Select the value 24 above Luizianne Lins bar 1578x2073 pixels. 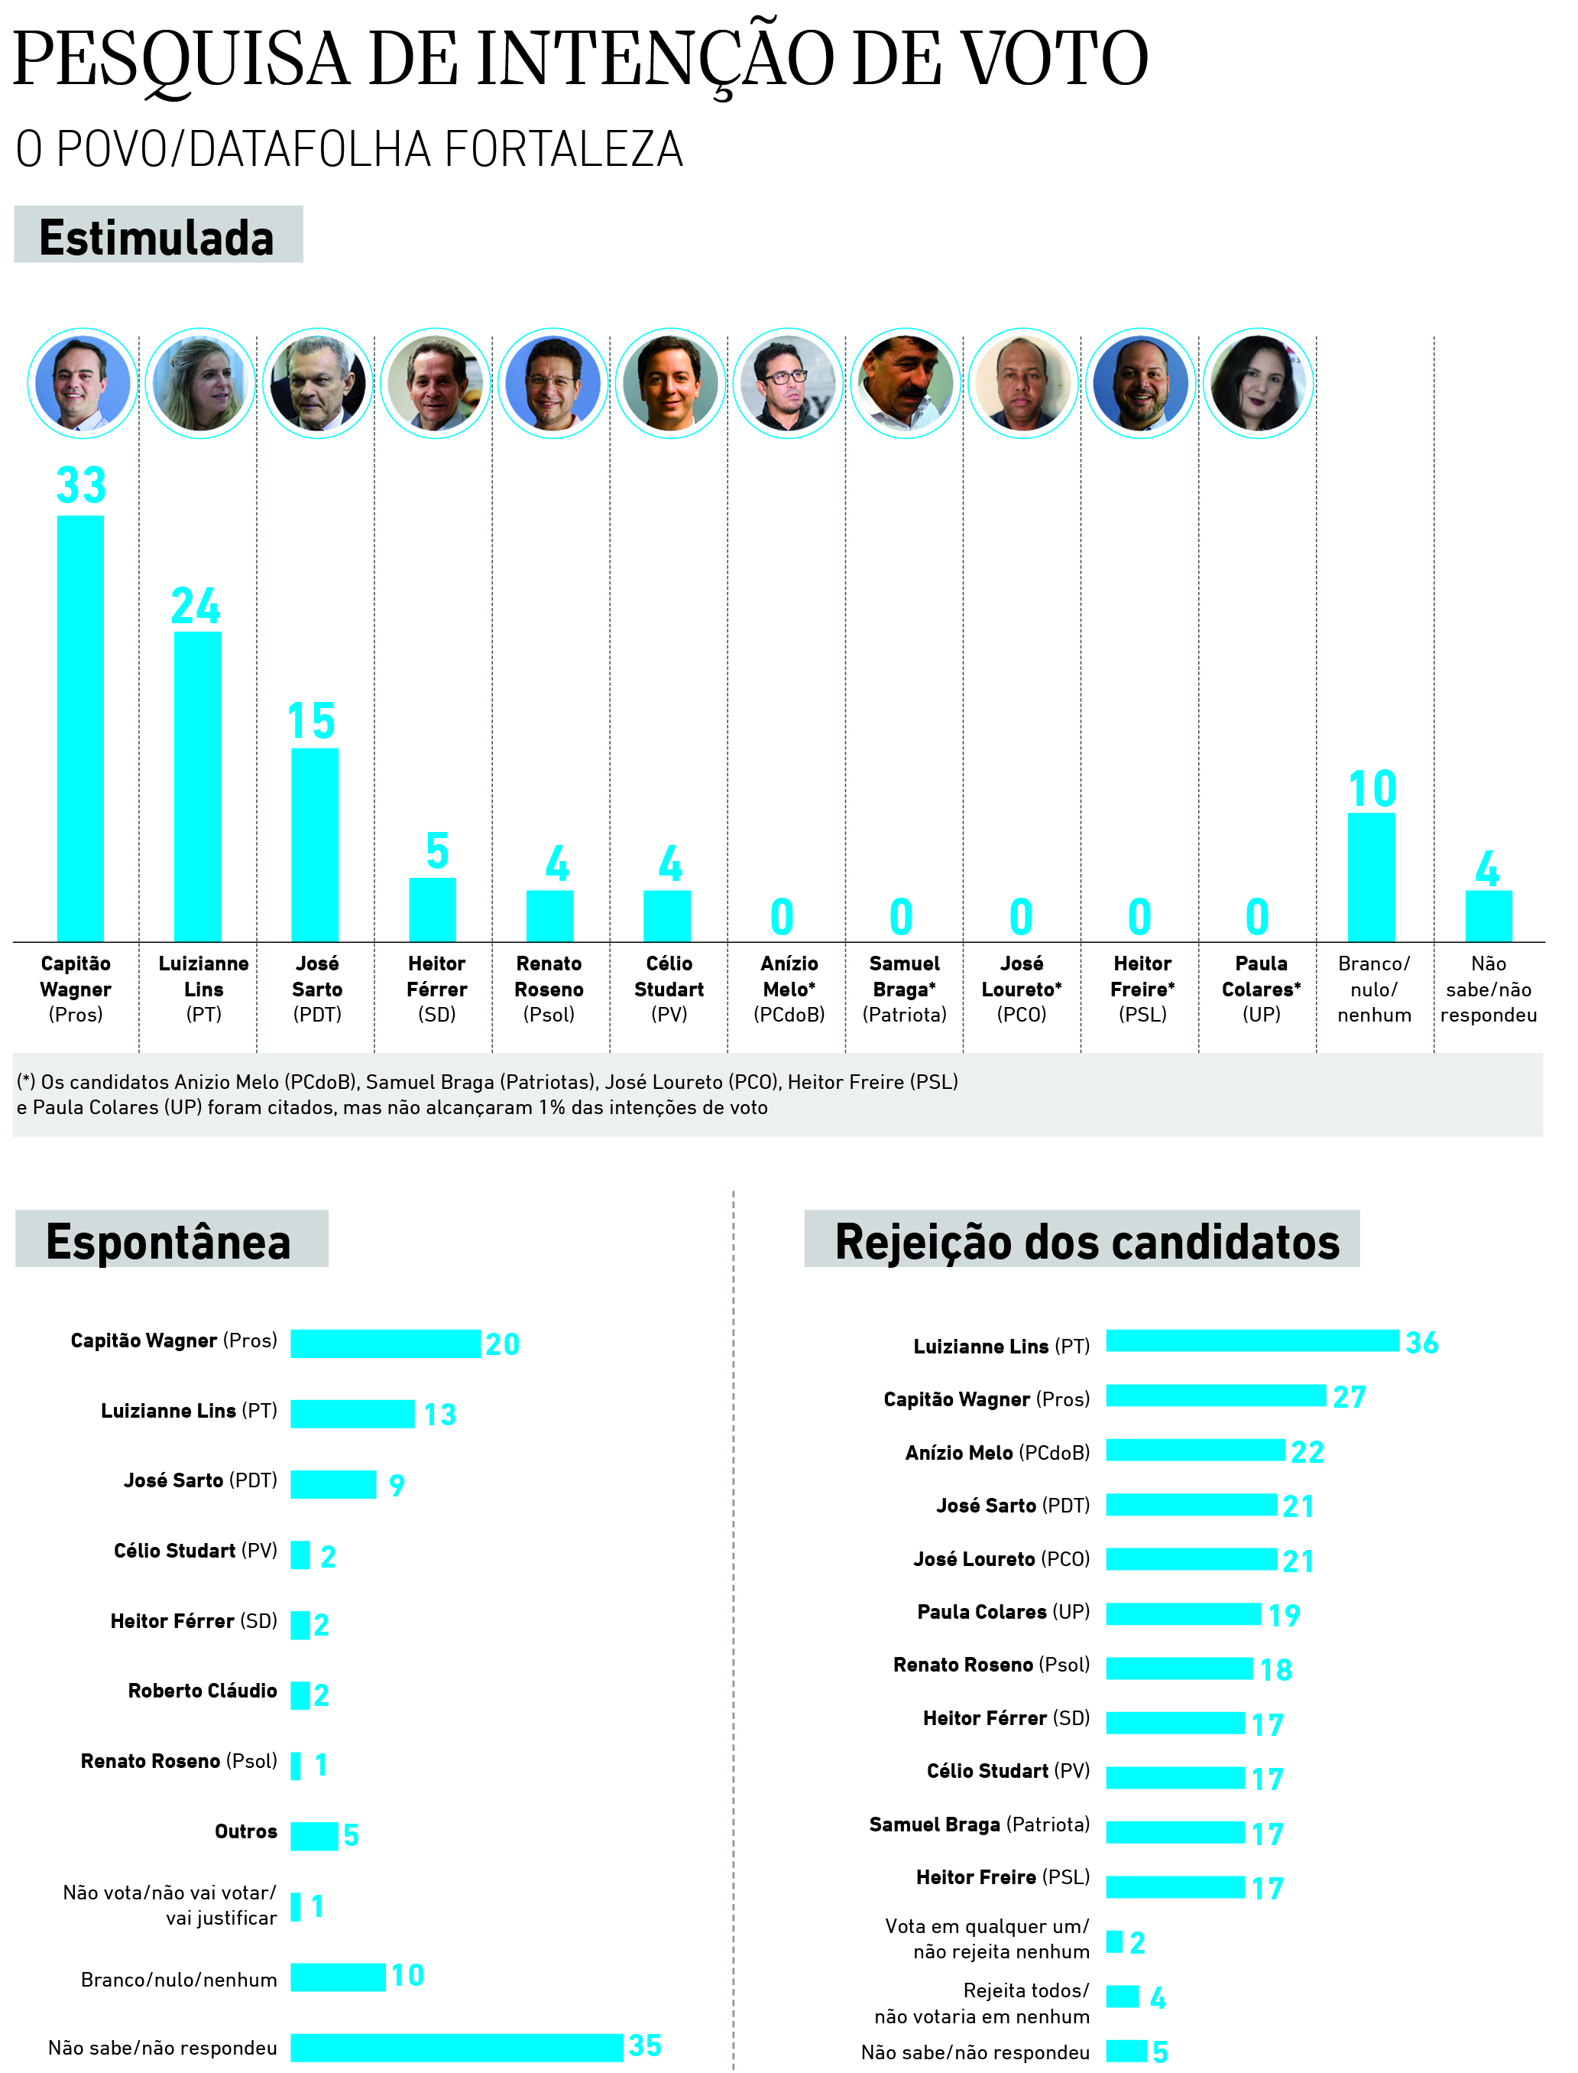coord(196,608)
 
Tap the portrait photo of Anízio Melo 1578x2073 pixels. coord(787,383)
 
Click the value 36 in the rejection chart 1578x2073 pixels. coord(1422,1344)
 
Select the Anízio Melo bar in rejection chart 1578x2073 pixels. coord(1195,1451)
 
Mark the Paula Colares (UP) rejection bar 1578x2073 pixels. coord(1184,1614)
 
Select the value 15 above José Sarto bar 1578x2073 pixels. coord(312,723)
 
